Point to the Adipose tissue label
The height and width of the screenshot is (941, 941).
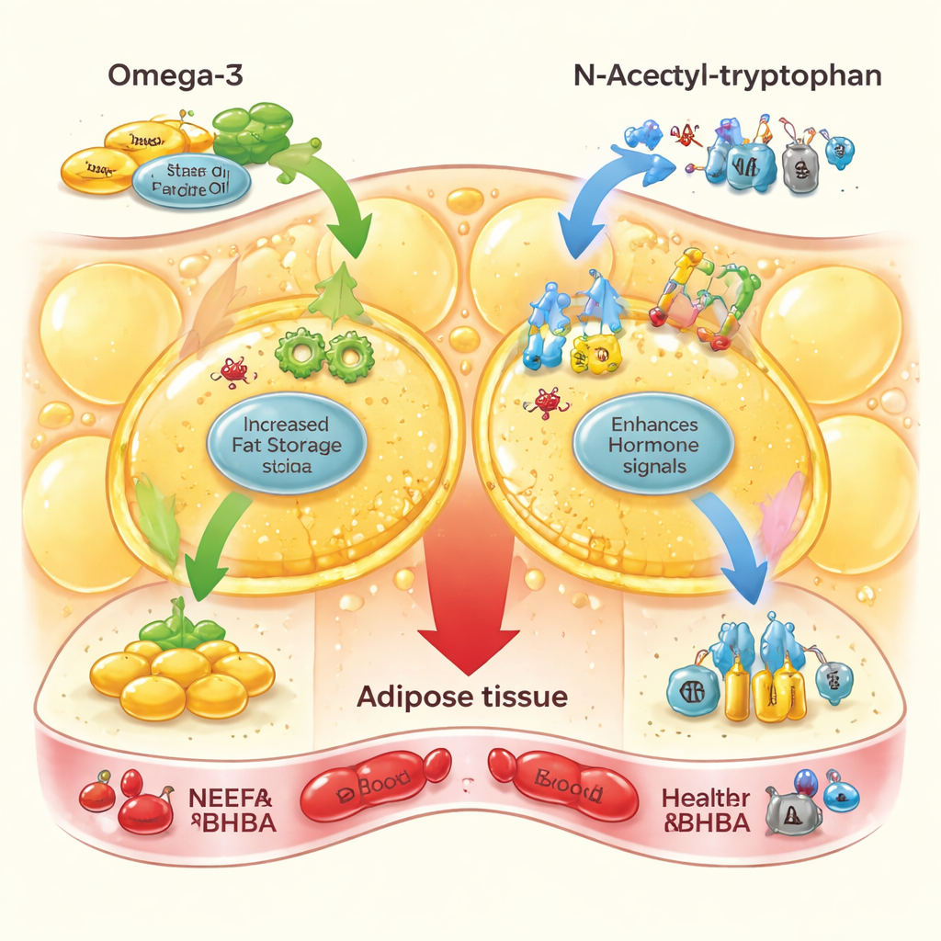click(x=461, y=697)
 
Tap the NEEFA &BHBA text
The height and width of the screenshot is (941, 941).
click(x=231, y=809)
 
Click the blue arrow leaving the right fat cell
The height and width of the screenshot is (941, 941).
click(x=734, y=542)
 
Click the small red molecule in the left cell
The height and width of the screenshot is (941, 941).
click(x=233, y=370)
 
